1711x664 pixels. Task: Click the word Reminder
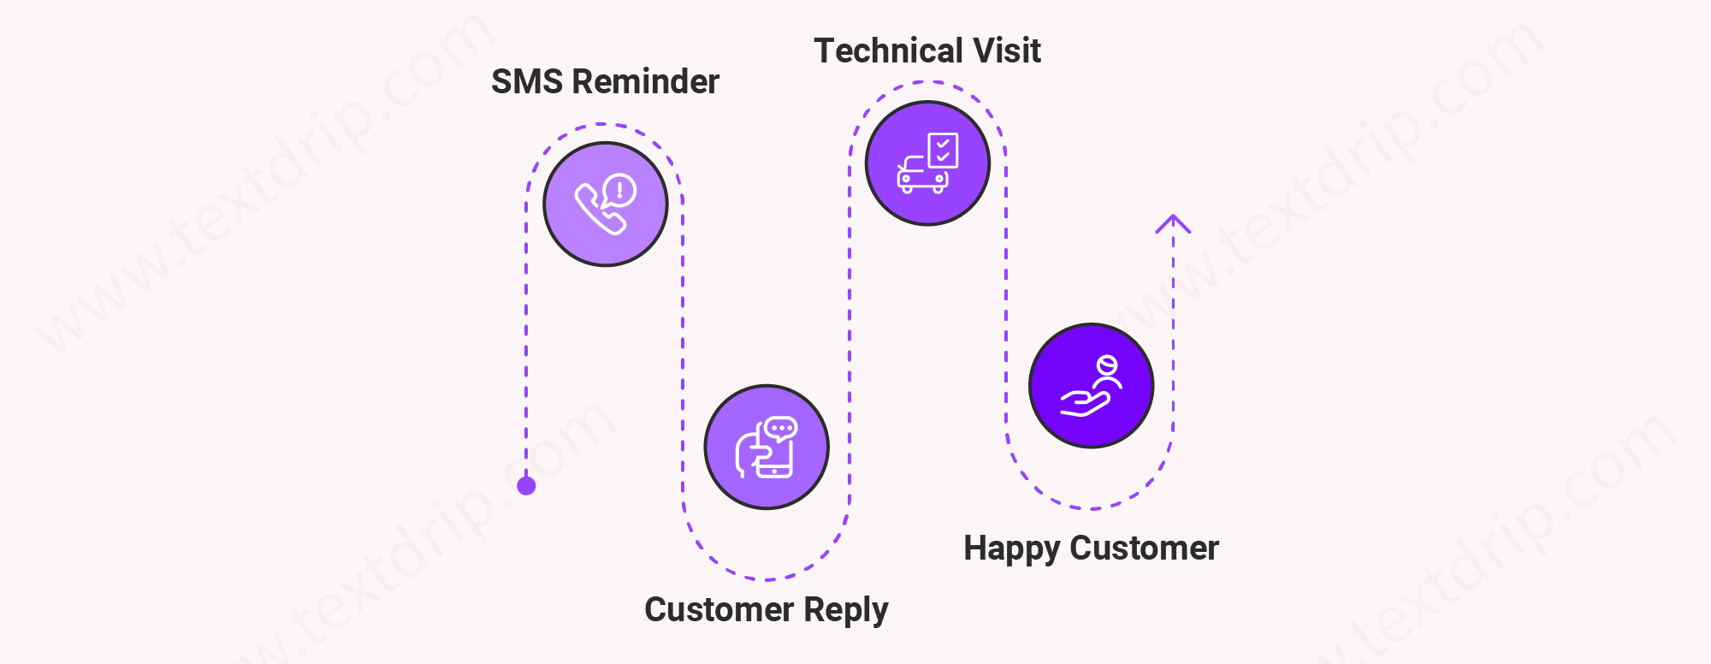click(x=646, y=82)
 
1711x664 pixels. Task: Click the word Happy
click(x=1011, y=548)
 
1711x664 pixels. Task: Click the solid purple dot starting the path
click(x=526, y=486)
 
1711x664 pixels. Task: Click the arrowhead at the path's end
click(x=1173, y=222)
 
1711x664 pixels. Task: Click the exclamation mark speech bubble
click(x=619, y=190)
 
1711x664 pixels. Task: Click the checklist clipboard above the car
click(x=943, y=151)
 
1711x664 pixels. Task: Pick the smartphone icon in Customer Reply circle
click(x=774, y=459)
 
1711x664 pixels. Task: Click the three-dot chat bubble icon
click(x=781, y=428)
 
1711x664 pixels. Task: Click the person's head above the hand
click(x=1107, y=366)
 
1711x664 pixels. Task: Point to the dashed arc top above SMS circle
click(x=604, y=125)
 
